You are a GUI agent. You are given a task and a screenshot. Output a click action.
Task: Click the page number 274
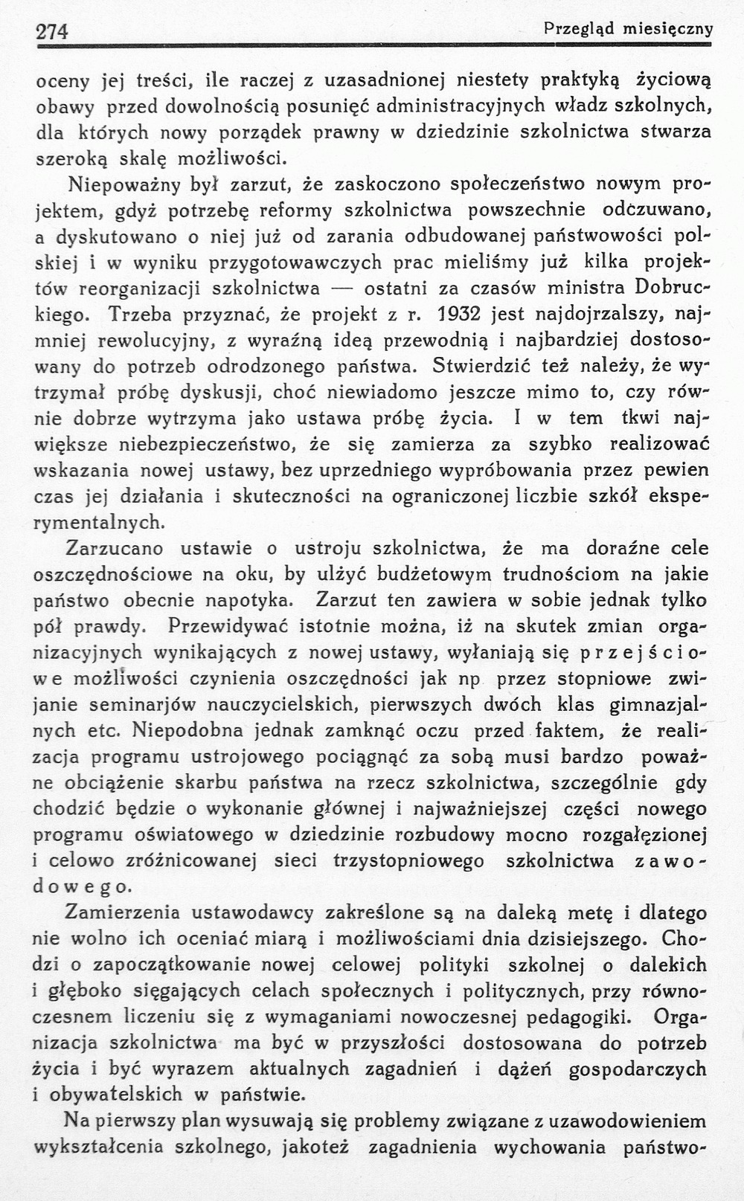[x=52, y=31]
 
